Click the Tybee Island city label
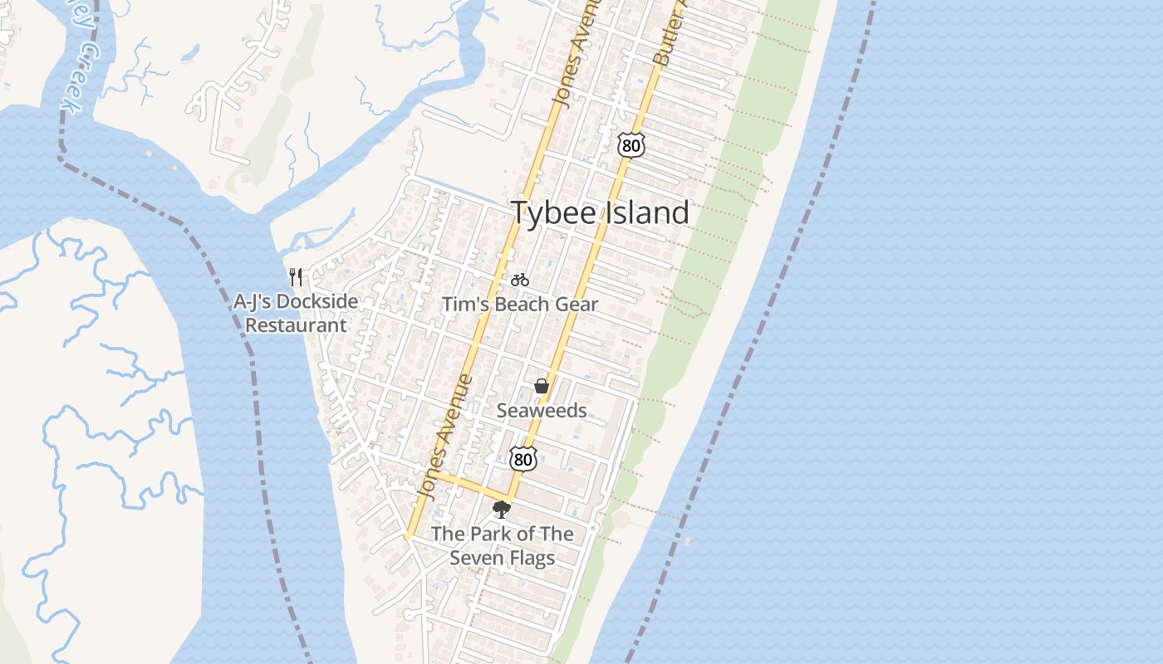(600, 213)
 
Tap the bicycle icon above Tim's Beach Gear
(520, 280)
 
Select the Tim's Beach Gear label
(519, 305)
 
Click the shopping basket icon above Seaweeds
(542, 386)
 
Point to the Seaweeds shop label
(542, 411)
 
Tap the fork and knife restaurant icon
(296, 276)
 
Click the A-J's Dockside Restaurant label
(296, 313)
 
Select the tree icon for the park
(501, 510)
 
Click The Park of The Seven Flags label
(502, 545)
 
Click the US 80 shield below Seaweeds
(523, 457)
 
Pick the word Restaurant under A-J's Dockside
(296, 325)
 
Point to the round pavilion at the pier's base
(621, 520)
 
